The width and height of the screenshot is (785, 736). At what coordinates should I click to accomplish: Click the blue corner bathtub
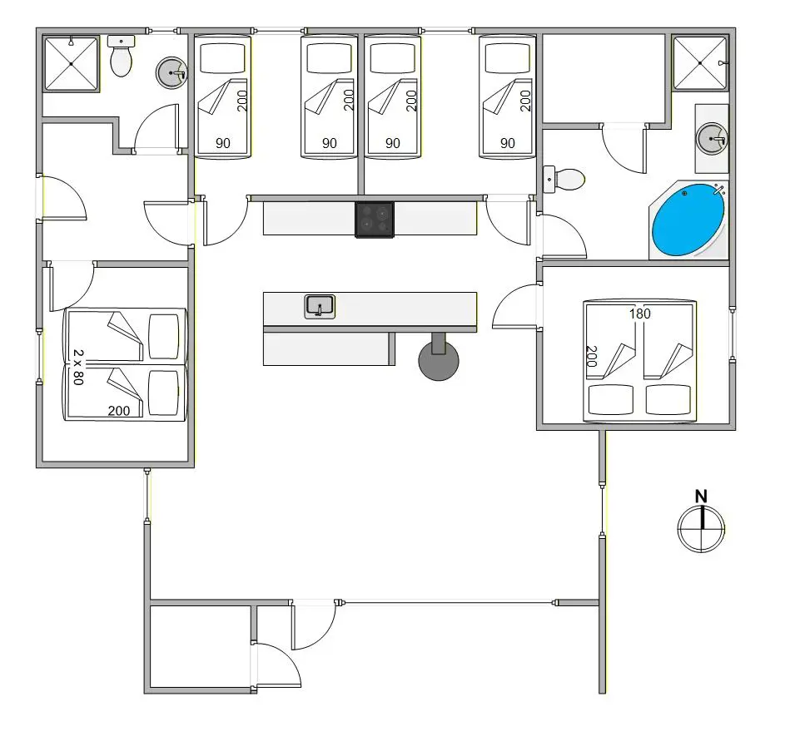[x=688, y=220]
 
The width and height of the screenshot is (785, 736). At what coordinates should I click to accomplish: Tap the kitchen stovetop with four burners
[x=375, y=220]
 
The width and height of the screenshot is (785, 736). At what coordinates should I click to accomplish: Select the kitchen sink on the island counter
[x=320, y=307]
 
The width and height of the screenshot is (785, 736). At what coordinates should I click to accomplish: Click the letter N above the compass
[x=701, y=496]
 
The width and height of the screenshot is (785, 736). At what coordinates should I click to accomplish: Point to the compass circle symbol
[x=701, y=528]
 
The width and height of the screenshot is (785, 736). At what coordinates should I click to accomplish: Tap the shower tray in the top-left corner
[x=71, y=64]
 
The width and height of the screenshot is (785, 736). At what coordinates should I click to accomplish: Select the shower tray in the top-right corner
[x=699, y=63]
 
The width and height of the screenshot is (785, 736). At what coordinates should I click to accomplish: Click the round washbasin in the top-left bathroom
[x=171, y=73]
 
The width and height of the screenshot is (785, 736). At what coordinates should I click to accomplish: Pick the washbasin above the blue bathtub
[x=712, y=139]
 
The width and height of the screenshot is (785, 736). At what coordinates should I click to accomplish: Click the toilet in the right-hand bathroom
[x=564, y=179]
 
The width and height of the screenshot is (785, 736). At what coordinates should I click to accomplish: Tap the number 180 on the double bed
[x=639, y=314]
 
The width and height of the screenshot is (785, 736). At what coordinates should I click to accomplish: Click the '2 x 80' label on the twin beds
[x=78, y=367]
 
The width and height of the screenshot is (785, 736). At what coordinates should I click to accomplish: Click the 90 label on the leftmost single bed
[x=223, y=143]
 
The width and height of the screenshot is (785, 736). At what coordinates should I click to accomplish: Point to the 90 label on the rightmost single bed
[x=508, y=143]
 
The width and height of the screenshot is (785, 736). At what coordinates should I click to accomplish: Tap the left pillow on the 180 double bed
[x=611, y=399]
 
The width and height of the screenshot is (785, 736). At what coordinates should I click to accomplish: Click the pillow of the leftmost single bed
[x=222, y=58]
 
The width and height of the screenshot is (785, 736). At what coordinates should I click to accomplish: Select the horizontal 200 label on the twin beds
[x=119, y=411]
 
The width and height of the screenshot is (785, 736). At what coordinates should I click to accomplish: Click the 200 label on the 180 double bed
[x=592, y=356]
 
